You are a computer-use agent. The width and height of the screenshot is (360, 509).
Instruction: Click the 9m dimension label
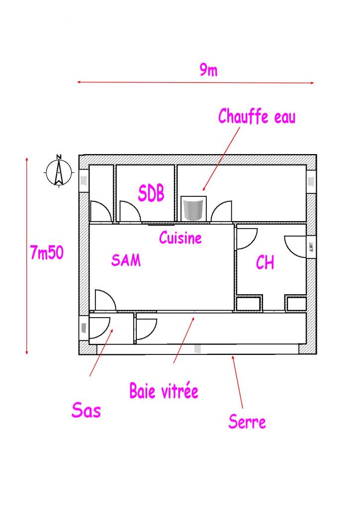pyautogui.click(x=209, y=71)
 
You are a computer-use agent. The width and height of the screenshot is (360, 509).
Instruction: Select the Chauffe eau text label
pyautogui.click(x=257, y=117)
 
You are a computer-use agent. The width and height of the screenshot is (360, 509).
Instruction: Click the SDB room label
pyautogui.click(x=151, y=193)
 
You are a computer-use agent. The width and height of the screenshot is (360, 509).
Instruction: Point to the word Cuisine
pyautogui.click(x=180, y=238)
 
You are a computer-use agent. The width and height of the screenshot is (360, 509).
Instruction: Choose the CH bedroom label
pyautogui.click(x=265, y=262)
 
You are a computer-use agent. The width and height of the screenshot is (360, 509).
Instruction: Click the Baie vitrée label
pyautogui.click(x=164, y=391)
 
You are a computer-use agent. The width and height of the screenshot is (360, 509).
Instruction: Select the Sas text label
pyautogui.click(x=86, y=411)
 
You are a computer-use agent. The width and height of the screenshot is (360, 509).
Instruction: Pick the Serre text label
pyautogui.click(x=247, y=422)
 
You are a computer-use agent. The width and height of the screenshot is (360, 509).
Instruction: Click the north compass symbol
pyautogui.click(x=58, y=171)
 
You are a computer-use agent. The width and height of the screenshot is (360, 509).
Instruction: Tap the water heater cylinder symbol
pyautogui.click(x=193, y=209)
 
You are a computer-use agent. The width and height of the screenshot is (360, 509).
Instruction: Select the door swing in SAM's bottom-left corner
pyautogui.click(x=105, y=300)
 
